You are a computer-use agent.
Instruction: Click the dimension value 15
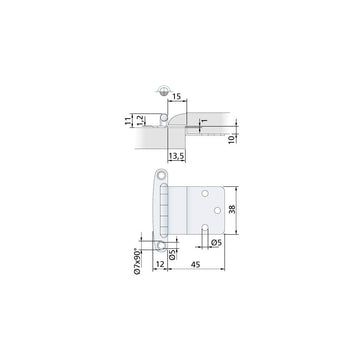click(x=177, y=97)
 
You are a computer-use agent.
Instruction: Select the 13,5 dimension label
click(x=176, y=156)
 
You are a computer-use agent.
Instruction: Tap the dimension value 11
click(x=127, y=121)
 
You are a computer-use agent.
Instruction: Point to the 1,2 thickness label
click(x=139, y=120)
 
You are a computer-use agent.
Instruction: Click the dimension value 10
click(x=232, y=139)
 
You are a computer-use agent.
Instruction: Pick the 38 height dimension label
click(x=232, y=209)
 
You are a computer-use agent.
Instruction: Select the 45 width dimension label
click(x=196, y=265)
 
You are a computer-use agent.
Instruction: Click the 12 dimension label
click(x=160, y=264)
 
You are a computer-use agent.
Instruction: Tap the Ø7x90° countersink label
click(x=137, y=261)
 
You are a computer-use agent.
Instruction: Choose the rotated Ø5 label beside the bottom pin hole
click(x=172, y=254)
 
